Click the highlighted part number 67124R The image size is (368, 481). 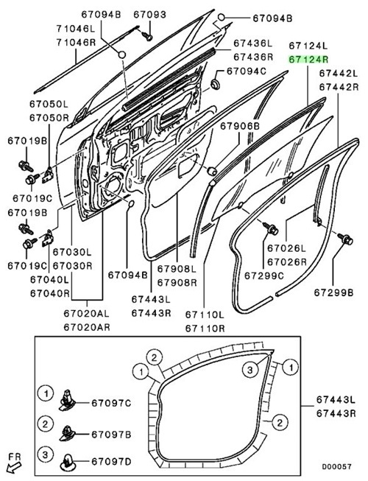tap(308, 59)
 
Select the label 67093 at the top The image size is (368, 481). tap(150, 15)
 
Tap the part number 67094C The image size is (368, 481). tap(247, 71)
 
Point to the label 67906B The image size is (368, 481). tap(240, 126)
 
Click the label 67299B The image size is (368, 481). tap(333, 292)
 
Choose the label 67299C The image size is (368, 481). tap(264, 275)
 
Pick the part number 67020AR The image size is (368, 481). tap(87, 327)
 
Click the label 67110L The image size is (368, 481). tap(205, 315)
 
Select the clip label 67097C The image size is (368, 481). tap(111, 403)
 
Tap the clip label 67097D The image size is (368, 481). tap(111, 461)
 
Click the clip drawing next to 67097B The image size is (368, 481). tap(66, 433)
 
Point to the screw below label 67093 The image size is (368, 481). tap(147, 35)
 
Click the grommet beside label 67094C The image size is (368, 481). tap(215, 84)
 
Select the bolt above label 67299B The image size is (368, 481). tap(345, 239)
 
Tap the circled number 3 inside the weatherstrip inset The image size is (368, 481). tap(250, 371)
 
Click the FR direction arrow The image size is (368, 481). tap(13, 468)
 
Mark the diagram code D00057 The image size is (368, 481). tap(336, 466)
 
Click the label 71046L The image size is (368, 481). tap(76, 29)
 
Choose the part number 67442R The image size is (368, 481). tap(339, 87)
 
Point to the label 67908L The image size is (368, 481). tap(177, 269)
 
